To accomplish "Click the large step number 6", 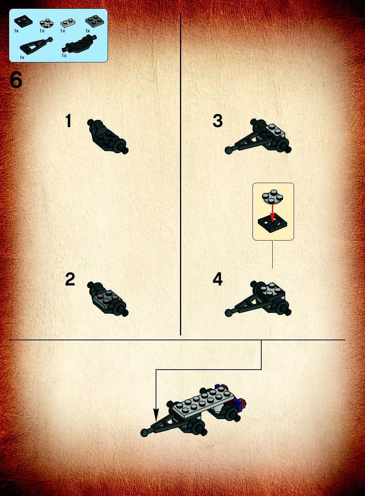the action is tap(16, 80).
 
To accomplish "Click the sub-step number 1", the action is tap(69, 121).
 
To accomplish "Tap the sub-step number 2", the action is tap(70, 279).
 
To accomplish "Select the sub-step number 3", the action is tap(217, 121).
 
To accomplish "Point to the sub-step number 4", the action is tap(217, 279).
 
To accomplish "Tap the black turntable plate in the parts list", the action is tap(23, 21).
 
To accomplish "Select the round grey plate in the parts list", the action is tap(47, 23).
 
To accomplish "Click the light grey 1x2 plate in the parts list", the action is tap(68, 23).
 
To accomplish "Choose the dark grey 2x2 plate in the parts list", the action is tap(95, 21).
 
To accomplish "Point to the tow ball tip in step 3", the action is tap(228, 150).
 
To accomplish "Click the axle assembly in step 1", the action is tap(108, 136).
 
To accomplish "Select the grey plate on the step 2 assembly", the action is tap(107, 298).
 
